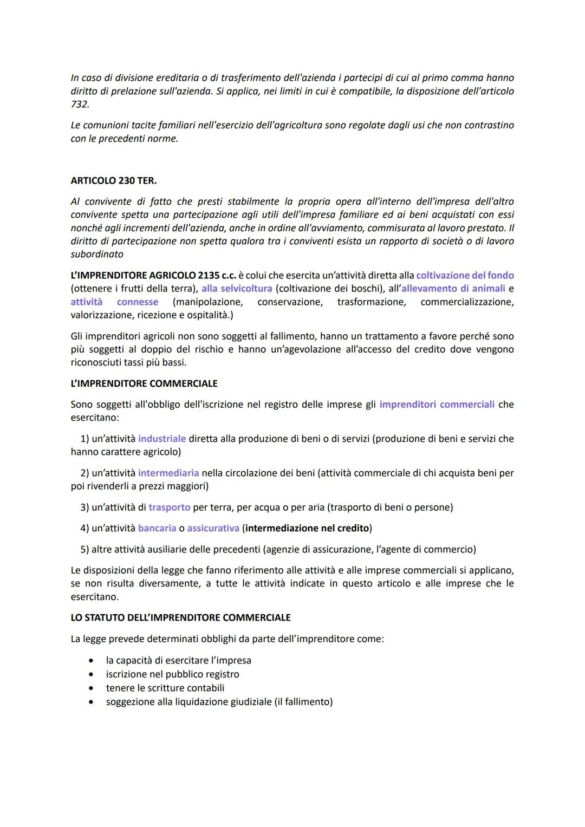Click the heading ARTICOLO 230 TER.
(114, 181)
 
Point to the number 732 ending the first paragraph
(79, 105)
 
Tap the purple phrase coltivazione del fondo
(465, 276)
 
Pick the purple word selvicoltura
(237, 289)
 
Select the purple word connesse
(138, 302)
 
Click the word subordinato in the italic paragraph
(97, 255)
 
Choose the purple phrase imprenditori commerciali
(437, 405)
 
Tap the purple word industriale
(162, 439)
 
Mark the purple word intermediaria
(168, 473)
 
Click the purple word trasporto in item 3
(170, 507)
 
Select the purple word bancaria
(157, 528)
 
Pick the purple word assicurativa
(213, 528)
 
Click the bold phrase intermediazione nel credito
(307, 528)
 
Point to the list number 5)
(84, 550)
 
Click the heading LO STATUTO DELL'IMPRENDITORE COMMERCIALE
(180, 618)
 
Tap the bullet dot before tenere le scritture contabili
(93, 688)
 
